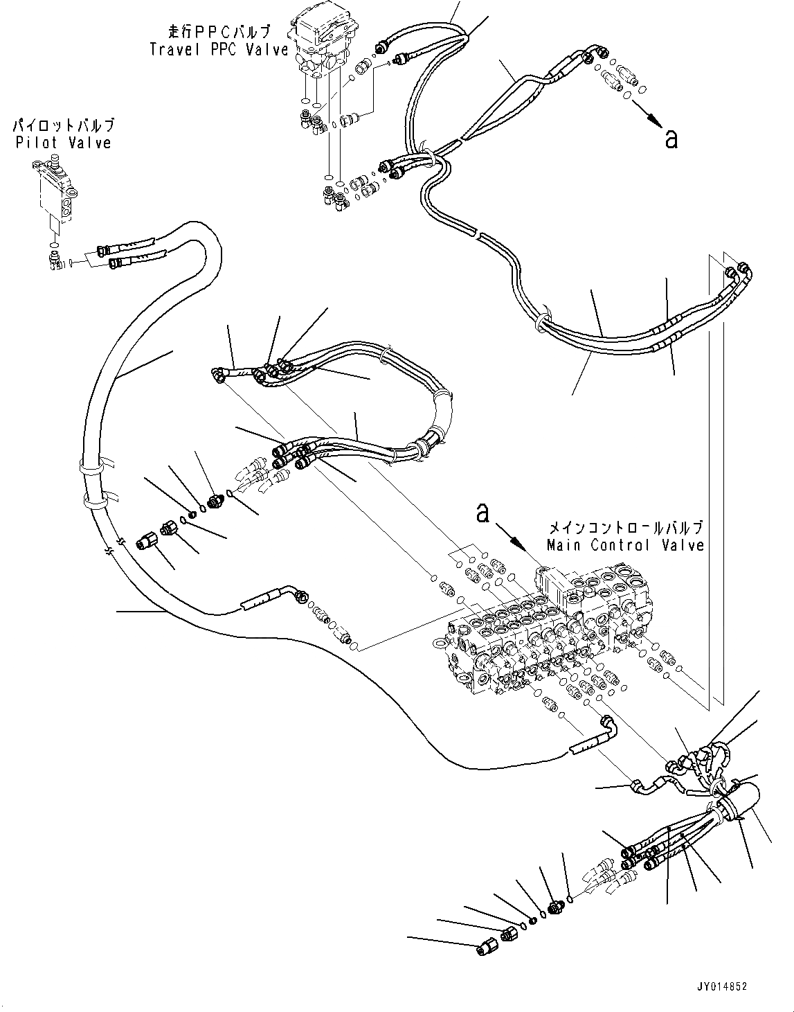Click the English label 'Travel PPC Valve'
coord(219,49)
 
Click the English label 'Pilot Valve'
coord(62,143)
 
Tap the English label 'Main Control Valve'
coord(625,545)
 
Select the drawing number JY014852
coord(718,986)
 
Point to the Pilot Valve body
coord(53,193)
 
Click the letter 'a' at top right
coord(670,139)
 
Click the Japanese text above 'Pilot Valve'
coord(63,126)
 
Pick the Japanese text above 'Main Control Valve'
coord(625,528)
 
